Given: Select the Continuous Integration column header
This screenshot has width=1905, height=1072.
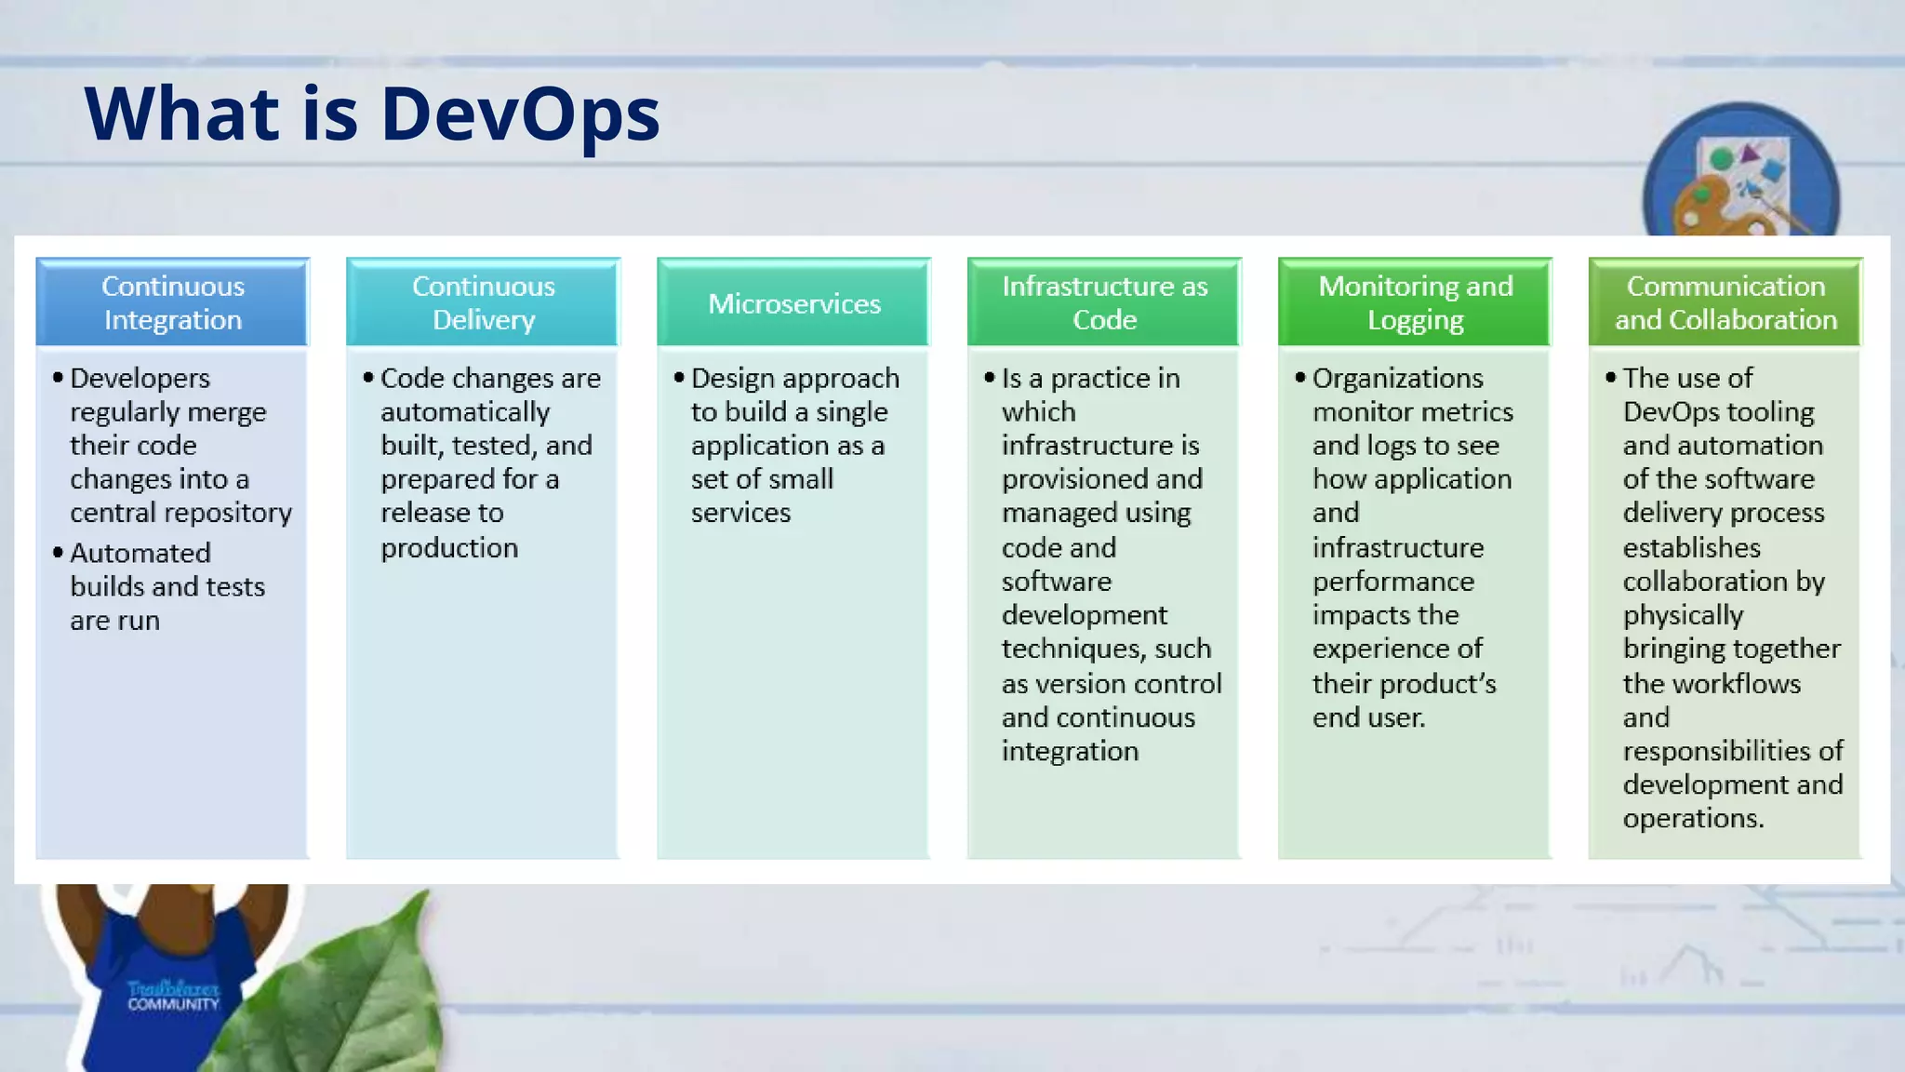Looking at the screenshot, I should coord(173,302).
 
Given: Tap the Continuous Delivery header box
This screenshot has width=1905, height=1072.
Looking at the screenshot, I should coord(483,302).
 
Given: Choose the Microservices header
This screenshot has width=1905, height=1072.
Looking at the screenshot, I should coord(793,303).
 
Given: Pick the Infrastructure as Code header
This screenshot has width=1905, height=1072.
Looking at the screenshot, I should coord(1104,302).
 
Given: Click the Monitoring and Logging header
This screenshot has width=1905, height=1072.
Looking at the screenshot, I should coord(1415,302).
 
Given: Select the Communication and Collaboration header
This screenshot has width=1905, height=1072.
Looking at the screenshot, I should coord(1725,302).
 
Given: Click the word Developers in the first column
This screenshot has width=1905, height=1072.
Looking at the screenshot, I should coord(140,379).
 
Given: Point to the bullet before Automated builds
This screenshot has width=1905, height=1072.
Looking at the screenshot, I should coord(58,553).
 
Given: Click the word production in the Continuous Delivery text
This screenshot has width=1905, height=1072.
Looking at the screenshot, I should coord(449,548).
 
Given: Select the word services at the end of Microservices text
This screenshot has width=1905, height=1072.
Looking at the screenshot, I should coord(740,513).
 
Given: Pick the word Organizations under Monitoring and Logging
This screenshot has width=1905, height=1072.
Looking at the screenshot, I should coord(1397,379).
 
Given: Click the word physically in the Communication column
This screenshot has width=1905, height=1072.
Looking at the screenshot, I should coord(1683,615).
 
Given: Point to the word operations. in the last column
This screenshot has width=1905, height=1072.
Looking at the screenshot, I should coord(1693,818).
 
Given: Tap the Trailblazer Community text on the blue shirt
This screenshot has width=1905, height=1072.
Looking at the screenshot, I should coord(173,996).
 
